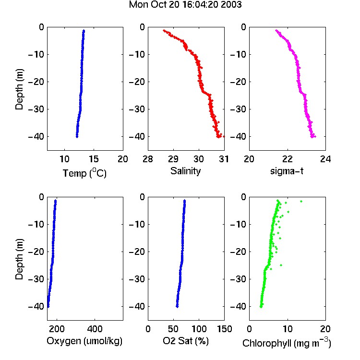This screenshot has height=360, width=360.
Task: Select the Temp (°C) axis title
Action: (84, 173)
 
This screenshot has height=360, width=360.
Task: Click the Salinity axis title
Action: (185, 171)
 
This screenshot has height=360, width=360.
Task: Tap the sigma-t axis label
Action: (287, 171)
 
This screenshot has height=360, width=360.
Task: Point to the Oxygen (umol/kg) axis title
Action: (84, 341)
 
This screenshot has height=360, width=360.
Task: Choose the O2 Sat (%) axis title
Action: (185, 341)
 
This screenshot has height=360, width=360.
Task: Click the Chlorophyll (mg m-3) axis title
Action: (287, 343)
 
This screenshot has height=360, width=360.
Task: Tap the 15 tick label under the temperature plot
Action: (94, 159)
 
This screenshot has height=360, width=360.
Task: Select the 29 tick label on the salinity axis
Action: (173, 159)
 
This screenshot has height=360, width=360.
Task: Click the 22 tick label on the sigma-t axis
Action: (288, 159)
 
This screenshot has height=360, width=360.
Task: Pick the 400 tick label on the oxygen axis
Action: (95, 329)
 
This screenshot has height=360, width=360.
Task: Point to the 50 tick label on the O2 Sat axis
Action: (173, 329)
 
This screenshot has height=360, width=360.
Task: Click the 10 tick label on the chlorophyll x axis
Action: (288, 329)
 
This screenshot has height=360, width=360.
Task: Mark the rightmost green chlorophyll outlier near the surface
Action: (301, 201)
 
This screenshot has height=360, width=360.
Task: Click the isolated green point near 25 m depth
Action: (281, 265)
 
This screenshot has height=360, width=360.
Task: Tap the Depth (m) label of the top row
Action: (19, 89)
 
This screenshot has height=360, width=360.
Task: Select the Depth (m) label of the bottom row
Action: (19, 259)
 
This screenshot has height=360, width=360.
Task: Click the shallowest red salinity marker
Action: (164, 30)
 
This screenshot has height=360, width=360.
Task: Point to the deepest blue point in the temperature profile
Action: (77, 137)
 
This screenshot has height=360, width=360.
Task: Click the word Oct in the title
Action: (159, 5)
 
